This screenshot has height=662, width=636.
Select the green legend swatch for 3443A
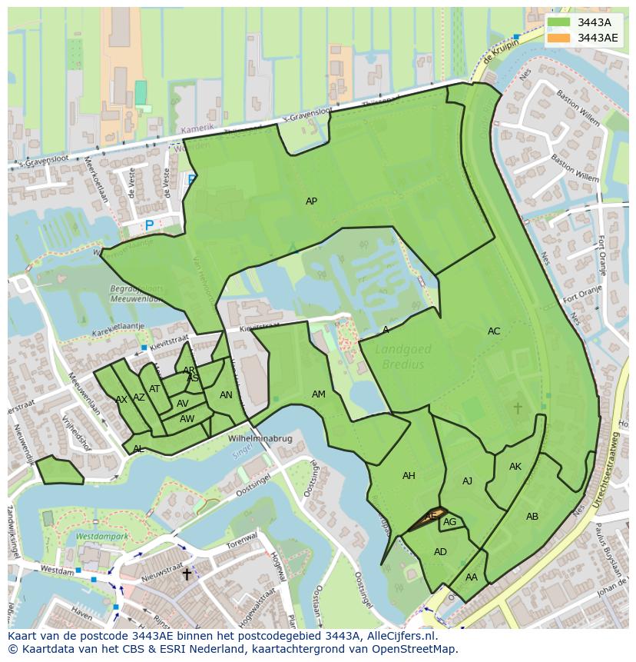(559, 22)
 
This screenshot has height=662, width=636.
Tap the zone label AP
(311, 201)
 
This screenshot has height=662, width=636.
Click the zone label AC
(494, 331)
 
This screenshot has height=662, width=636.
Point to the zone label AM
(319, 394)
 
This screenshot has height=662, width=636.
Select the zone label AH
(409, 476)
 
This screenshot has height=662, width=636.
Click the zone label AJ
(467, 481)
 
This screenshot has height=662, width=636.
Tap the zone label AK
(515, 467)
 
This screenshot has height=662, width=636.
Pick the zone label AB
(532, 517)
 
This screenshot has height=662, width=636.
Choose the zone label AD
(440, 552)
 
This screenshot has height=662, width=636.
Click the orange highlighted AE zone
(429, 517)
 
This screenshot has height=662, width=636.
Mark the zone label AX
(121, 400)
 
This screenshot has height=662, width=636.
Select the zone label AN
(226, 395)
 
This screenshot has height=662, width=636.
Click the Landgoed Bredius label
(403, 357)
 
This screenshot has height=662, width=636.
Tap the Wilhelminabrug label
(260, 439)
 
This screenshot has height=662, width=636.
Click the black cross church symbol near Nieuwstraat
(186, 574)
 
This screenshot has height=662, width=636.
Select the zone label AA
(472, 577)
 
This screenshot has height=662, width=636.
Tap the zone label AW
(187, 419)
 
